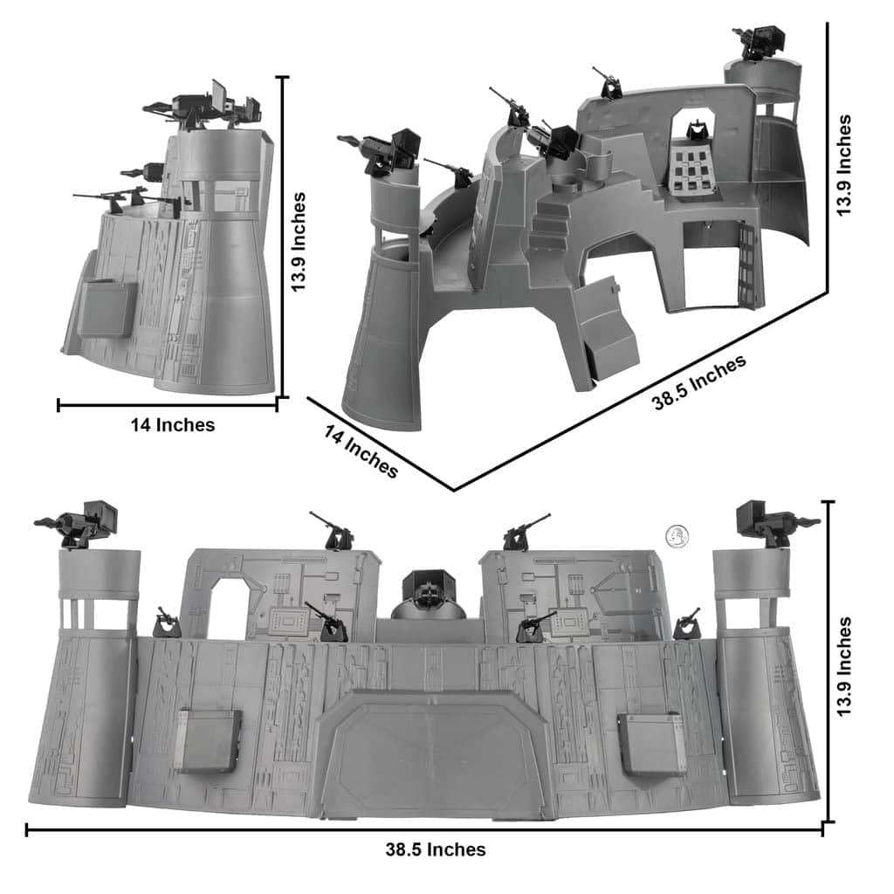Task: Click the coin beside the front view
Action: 677,535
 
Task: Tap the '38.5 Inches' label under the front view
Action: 436,849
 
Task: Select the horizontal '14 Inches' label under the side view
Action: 172,425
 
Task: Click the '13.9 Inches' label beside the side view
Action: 299,242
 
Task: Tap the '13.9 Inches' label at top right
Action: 842,165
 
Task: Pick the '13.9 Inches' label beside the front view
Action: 842,669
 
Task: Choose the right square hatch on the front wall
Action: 652,743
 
